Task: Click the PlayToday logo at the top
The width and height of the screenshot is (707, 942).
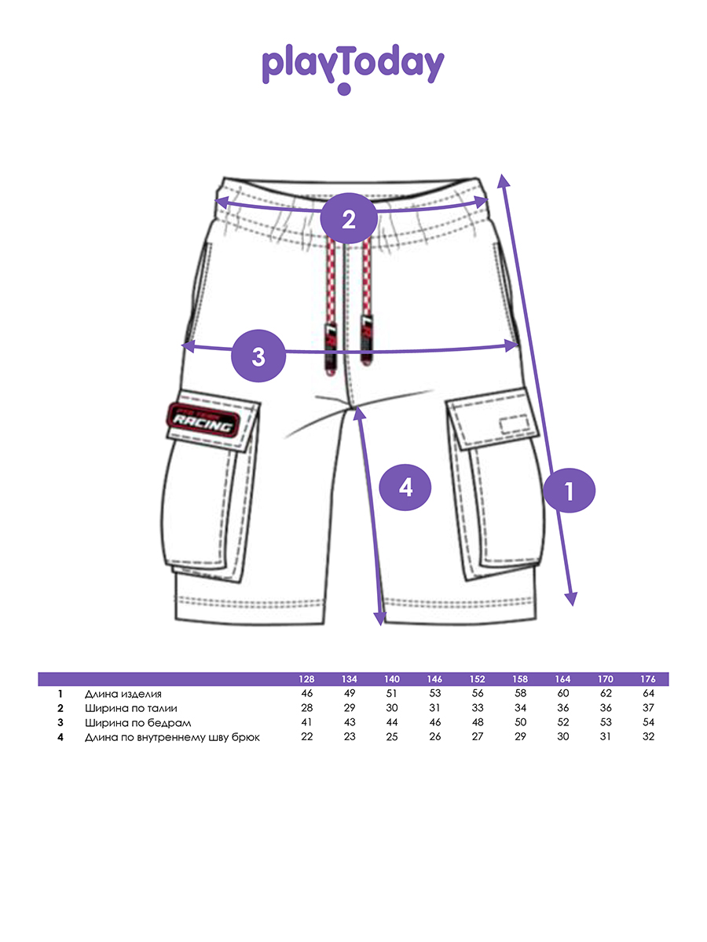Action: (353, 68)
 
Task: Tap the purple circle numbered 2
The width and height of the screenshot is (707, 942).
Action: (349, 217)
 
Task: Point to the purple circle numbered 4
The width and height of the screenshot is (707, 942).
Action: (405, 487)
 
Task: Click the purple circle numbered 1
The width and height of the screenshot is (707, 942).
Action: (570, 491)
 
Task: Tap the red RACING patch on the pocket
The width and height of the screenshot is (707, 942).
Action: (203, 422)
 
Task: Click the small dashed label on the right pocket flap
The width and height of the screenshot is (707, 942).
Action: (515, 424)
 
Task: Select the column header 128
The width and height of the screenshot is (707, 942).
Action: (306, 679)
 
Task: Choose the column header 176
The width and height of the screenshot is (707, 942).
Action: (648, 679)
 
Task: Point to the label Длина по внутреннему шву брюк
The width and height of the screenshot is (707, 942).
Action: (172, 737)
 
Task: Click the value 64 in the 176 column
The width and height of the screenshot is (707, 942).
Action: (648, 694)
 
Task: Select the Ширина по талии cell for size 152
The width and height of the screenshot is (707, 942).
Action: (478, 708)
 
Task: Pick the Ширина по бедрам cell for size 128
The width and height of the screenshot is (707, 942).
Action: (306, 722)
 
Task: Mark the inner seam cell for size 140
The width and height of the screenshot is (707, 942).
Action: (392, 737)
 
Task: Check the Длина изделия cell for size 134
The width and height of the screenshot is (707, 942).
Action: (349, 694)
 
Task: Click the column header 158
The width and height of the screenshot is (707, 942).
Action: (520, 679)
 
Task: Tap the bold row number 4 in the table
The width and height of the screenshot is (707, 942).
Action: (60, 737)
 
